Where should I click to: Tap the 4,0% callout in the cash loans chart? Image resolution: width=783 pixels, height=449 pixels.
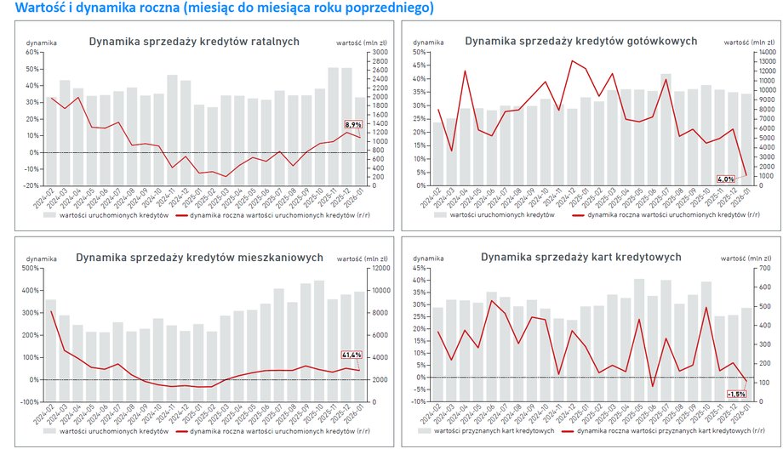coord(725,179)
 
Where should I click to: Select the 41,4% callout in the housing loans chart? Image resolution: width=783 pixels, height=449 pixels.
coord(351,355)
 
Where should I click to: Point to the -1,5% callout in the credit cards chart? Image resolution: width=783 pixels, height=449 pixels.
coord(737,394)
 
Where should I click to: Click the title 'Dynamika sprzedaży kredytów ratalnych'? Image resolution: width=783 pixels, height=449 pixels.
coord(195,40)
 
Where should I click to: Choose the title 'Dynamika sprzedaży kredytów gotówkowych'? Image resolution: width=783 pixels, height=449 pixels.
coord(580,40)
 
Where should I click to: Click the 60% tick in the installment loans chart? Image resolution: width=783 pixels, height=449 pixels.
coord(33,52)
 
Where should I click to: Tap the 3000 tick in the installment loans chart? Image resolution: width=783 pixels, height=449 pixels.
coord(374,52)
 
